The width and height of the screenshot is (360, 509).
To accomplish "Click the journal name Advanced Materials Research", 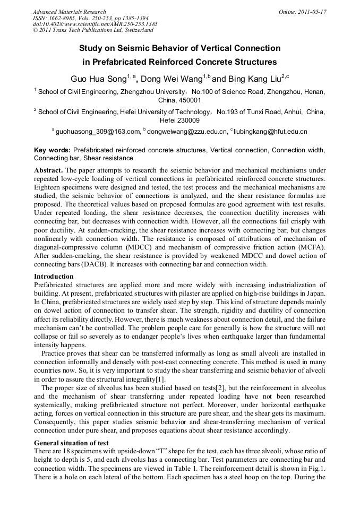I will coord(69,11).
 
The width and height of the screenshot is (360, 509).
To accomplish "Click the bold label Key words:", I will coord(52,150).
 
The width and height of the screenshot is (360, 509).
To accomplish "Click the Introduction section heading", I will coord(54,277).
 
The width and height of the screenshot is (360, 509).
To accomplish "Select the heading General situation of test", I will coord(71,443).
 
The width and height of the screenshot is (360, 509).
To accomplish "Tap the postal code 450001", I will coord(179,100).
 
